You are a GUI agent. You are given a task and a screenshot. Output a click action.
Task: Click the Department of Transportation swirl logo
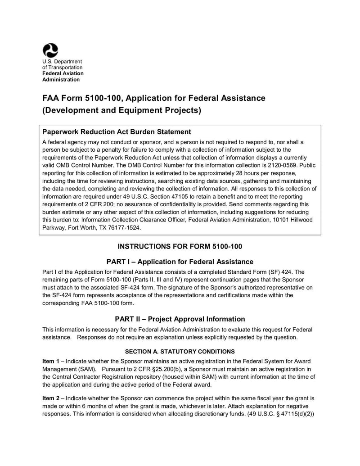click(50, 50)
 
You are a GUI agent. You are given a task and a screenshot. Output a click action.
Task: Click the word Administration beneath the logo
click(61, 80)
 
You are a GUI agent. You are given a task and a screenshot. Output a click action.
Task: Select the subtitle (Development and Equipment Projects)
click(121, 110)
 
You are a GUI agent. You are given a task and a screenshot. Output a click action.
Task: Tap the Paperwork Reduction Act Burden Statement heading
click(117, 132)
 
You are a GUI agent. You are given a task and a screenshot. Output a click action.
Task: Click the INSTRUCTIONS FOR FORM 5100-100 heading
click(180, 246)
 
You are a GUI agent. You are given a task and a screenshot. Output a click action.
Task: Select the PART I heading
click(180, 262)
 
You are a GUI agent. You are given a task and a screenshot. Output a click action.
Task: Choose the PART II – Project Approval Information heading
click(180, 319)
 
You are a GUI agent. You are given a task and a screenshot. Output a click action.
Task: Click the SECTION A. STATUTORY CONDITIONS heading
click(180, 351)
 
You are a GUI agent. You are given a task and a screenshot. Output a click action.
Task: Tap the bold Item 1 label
click(50, 362)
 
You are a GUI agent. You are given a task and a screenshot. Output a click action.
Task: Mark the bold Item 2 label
click(50, 398)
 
